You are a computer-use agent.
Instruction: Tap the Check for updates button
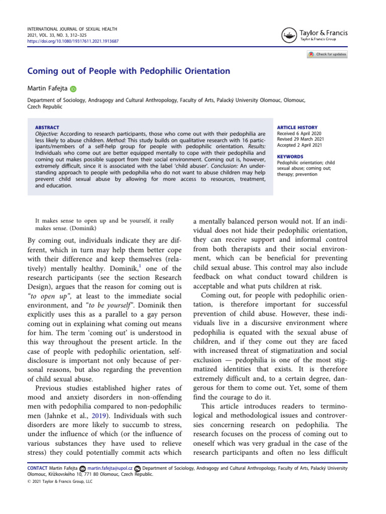(327, 54)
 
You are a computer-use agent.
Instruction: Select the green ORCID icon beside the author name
(73, 89)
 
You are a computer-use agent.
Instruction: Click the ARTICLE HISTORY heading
(297, 127)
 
